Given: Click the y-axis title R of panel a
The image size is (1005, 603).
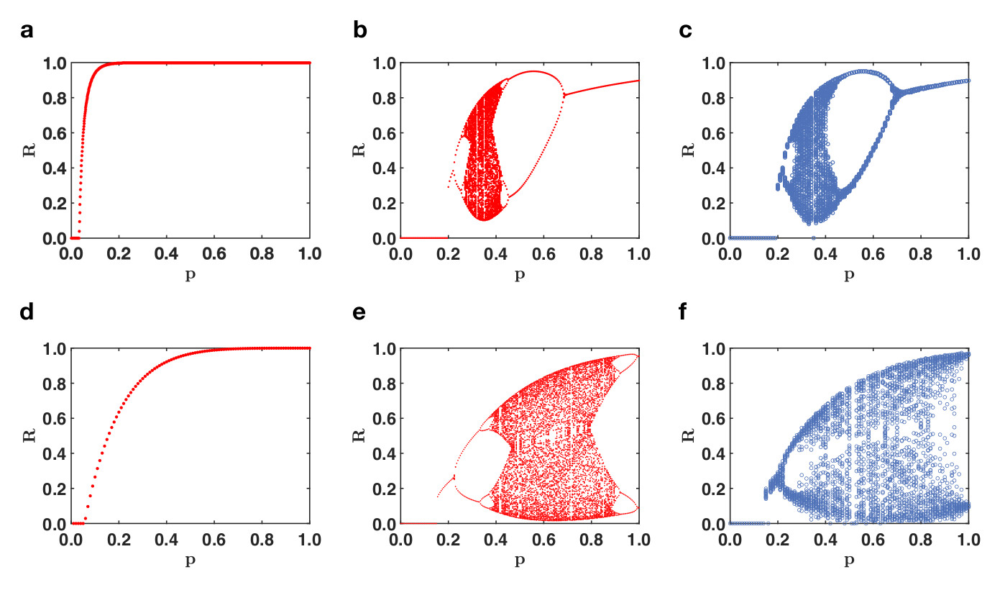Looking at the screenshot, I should click(x=29, y=150).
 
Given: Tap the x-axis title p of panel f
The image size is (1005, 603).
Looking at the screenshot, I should click(x=849, y=559).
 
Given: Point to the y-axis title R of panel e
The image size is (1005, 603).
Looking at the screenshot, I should click(x=359, y=436).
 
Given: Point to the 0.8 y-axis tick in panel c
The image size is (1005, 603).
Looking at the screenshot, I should click(x=713, y=98).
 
